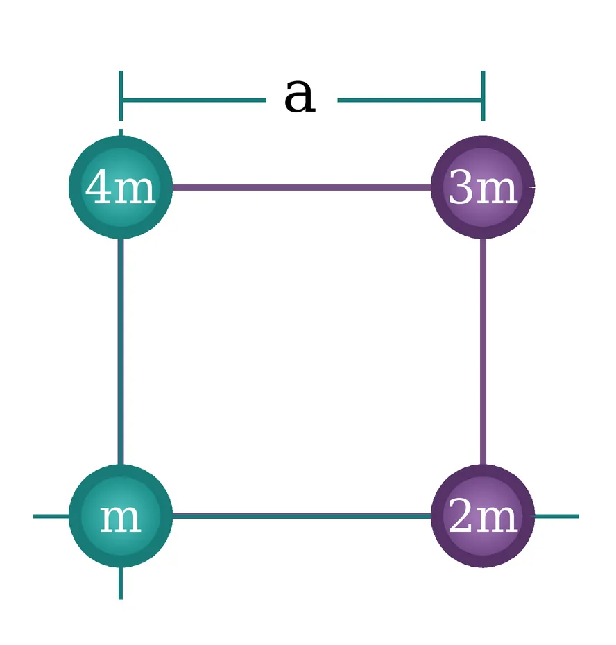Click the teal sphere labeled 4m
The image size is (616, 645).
tap(121, 187)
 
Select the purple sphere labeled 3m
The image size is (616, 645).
tap(483, 187)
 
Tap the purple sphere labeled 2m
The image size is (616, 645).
tap(483, 516)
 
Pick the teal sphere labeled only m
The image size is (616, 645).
tap(121, 516)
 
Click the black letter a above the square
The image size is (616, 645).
tap(300, 96)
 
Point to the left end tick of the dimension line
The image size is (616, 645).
tap(121, 96)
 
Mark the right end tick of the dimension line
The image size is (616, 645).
tap(483, 96)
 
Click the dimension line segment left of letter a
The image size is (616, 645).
tap(194, 100)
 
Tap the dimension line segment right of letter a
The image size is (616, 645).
tap(409, 100)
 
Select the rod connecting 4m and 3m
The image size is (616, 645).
tap(302, 188)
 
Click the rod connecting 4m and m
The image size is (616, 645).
tap(121, 352)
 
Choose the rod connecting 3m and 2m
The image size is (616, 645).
tap(483, 352)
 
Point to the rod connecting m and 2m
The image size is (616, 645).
tap(302, 516)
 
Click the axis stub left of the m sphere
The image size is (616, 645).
tap(51, 516)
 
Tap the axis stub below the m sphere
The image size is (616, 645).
tap(121, 583)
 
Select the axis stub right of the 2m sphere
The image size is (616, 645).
tap(556, 516)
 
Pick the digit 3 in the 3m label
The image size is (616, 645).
tap(460, 187)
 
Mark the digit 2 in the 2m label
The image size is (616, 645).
tap(460, 515)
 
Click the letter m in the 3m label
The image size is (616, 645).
tap(496, 191)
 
